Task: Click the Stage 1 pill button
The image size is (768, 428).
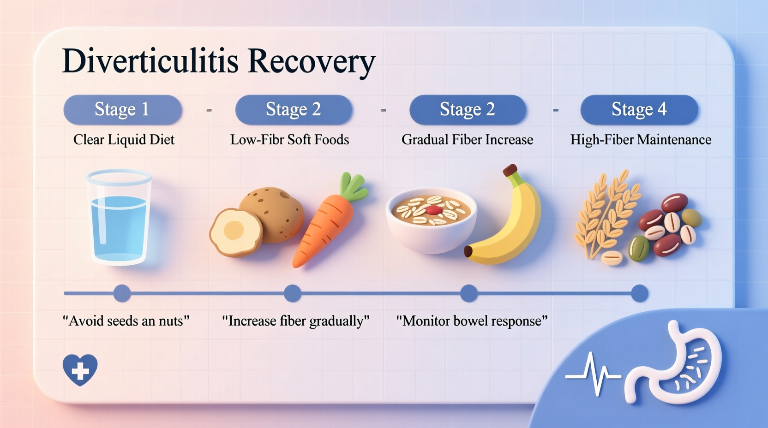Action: point(122,110)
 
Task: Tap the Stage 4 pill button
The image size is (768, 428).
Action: point(639,110)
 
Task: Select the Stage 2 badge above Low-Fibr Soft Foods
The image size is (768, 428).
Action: point(294,110)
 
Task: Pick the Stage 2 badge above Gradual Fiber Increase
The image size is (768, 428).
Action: point(467,110)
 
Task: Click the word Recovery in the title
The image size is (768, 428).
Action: point(312,61)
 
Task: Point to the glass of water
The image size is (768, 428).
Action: point(119,217)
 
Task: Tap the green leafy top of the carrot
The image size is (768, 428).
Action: point(353,187)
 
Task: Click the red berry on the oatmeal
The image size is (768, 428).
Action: point(434,211)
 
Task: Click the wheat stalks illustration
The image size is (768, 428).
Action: point(605,212)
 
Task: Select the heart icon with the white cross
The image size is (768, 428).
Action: point(80,369)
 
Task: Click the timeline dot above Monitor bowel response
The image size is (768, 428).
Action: point(469,293)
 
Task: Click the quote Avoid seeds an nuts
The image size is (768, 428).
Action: point(126,321)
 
